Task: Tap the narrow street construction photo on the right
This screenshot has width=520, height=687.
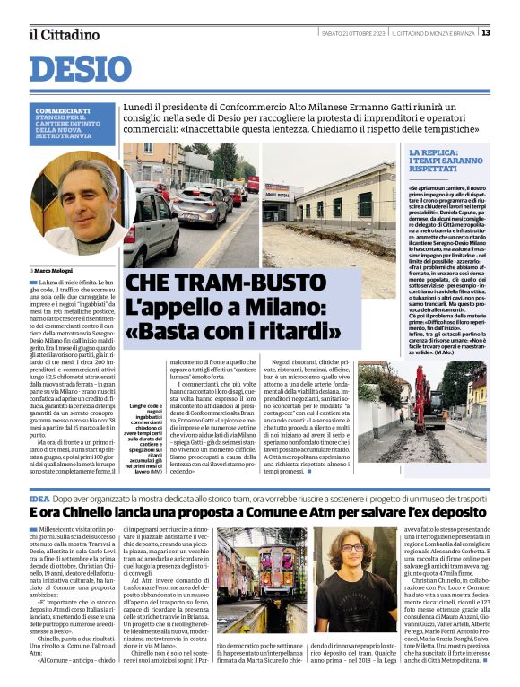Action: [438, 411]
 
